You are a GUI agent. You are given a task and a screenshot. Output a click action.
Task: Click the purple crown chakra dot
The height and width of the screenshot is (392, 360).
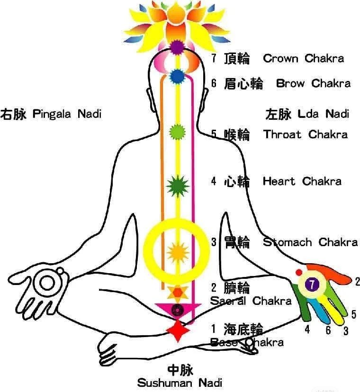pos(177,47)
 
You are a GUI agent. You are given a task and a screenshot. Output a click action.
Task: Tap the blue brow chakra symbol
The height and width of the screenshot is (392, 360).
pos(177,75)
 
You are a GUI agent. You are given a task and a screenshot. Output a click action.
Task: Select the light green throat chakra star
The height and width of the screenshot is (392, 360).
pos(177,131)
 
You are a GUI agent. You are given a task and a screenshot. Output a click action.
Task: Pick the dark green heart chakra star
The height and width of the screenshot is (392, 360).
pos(177,185)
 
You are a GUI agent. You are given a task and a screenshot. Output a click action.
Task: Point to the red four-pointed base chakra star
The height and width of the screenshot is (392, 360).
pos(178,330)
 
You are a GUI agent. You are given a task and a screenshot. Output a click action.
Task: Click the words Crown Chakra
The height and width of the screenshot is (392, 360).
pos(303,59)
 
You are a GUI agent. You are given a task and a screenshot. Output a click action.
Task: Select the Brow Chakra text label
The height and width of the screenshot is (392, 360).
pos(313,84)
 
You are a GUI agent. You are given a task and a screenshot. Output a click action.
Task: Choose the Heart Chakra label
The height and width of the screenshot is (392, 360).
pos(302,181)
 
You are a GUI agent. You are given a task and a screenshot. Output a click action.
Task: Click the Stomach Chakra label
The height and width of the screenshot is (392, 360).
pos(310,242)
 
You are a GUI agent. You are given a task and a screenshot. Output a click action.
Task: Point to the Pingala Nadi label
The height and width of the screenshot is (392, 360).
pos(67,114)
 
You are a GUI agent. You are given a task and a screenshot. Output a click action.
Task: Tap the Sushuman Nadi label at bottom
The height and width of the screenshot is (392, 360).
pos(180,382)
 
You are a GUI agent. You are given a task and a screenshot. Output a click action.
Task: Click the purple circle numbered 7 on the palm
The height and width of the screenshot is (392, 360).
pos(311,285)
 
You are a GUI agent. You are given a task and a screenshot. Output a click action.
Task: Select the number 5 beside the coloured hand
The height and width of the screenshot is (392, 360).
pos(353,314)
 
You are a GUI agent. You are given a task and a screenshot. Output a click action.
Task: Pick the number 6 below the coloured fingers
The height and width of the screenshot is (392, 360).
pos(328,330)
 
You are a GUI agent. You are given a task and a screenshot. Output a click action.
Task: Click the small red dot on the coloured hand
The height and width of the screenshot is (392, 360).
pos(299,272)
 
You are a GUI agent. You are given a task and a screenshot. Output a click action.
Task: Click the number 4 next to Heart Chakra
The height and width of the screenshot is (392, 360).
pos(214,181)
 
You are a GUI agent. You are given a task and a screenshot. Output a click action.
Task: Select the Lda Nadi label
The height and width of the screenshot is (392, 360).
pos(324,114)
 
